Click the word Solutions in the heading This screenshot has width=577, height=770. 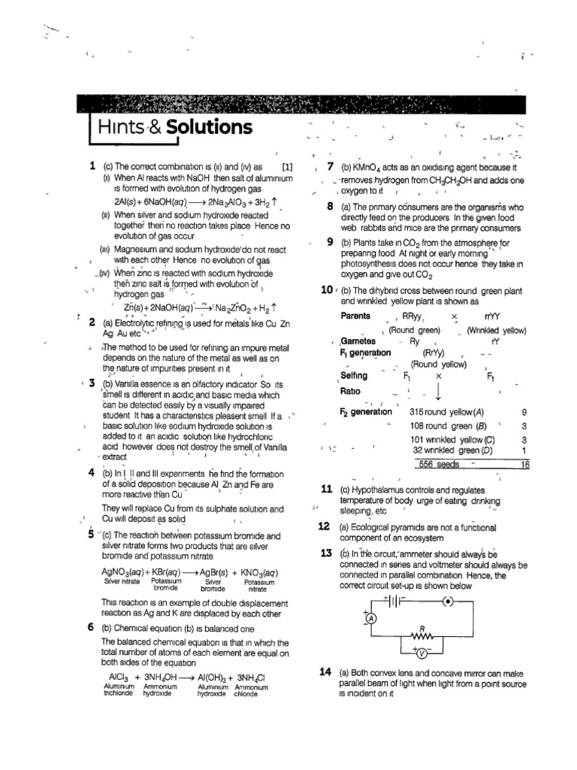(209, 126)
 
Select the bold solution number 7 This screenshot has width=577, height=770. (330, 167)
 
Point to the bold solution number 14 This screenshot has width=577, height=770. (325, 671)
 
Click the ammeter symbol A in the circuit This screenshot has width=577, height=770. (370, 618)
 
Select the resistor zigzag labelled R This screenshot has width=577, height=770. (423, 634)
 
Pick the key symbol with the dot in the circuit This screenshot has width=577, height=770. (446, 601)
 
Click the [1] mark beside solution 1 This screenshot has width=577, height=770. (287, 166)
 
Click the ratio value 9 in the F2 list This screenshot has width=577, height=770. (524, 412)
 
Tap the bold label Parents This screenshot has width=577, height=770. (355, 316)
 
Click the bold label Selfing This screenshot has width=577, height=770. (354, 375)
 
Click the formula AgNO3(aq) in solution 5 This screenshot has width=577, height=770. (126, 572)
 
